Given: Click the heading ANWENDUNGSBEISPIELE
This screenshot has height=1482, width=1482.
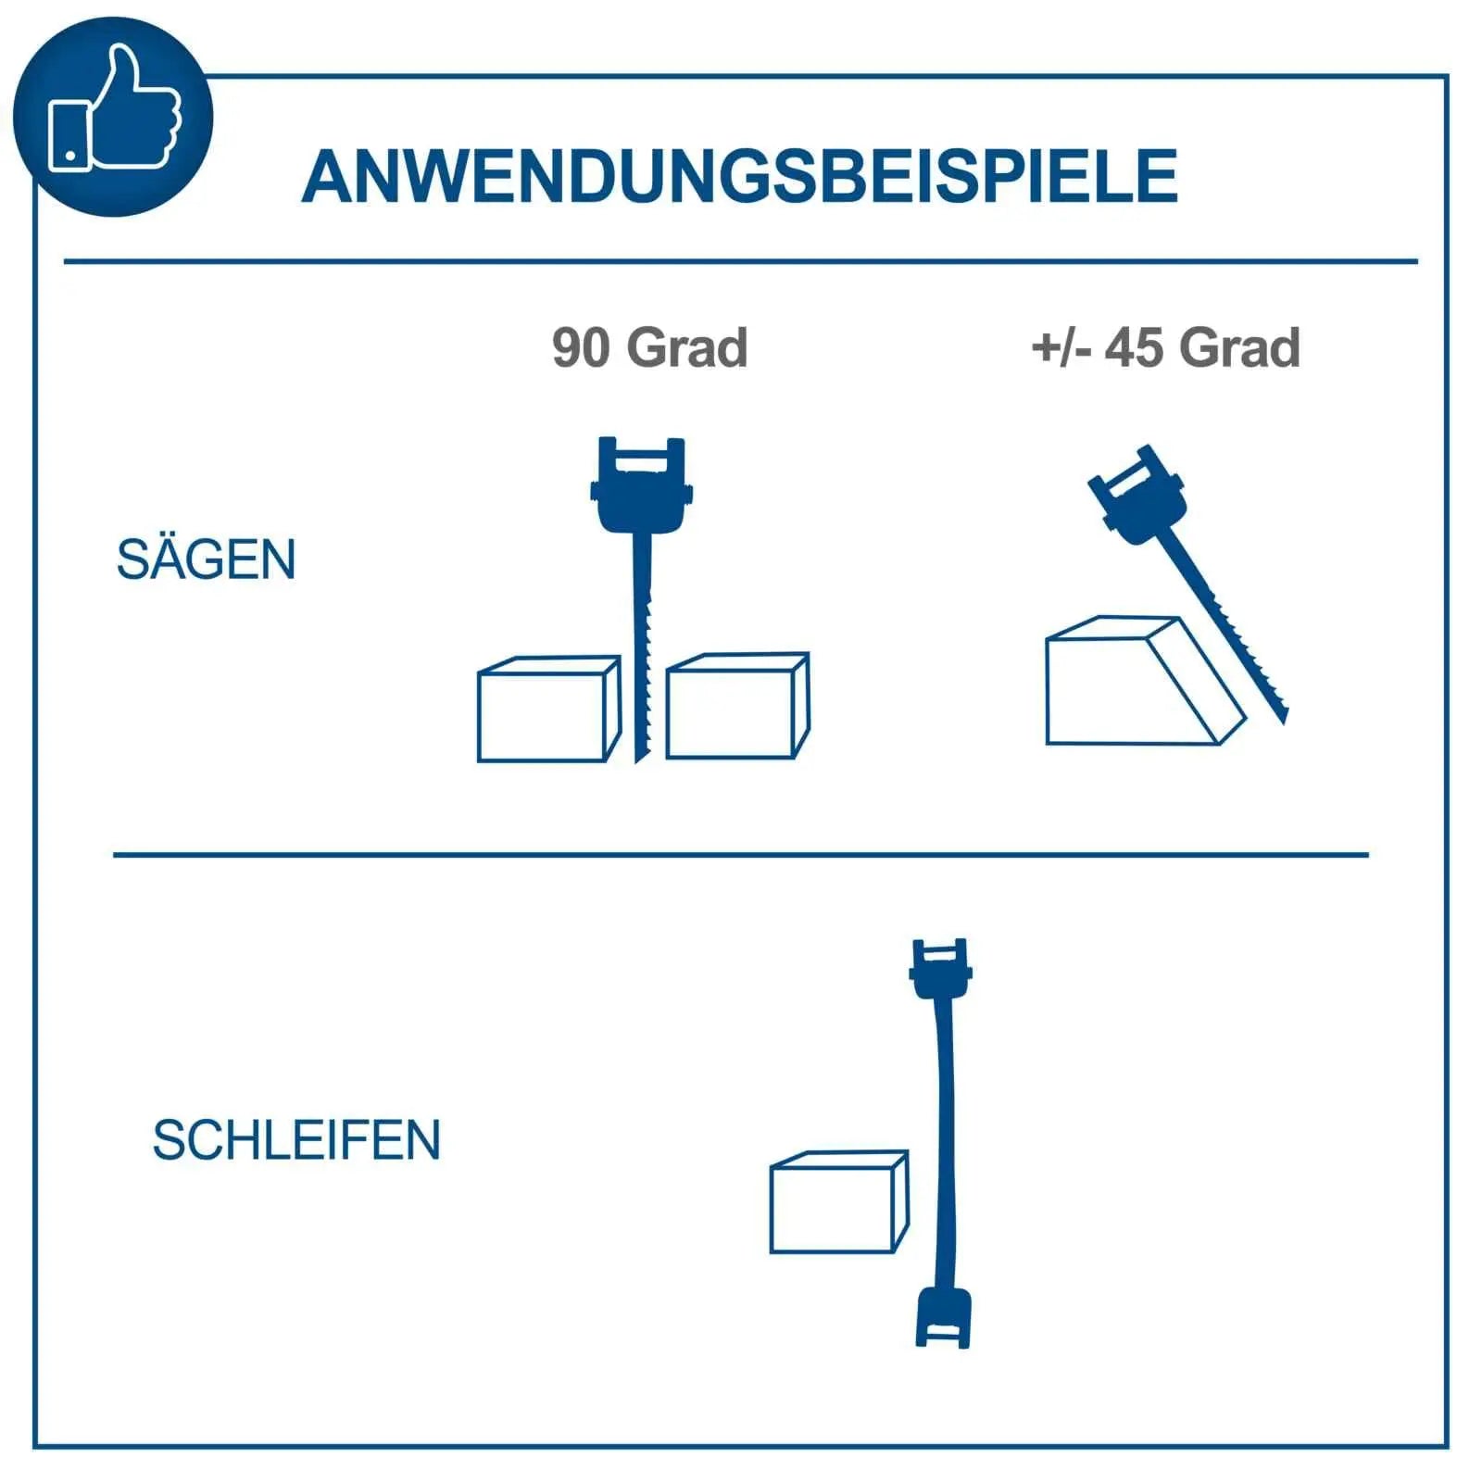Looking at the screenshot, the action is pos(740,176).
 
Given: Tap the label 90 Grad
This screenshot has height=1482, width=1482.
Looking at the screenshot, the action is pos(650,347).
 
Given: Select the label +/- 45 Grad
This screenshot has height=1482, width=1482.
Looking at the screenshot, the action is pos(1166,347).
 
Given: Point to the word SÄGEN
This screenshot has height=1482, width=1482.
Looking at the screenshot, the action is pos(206,559).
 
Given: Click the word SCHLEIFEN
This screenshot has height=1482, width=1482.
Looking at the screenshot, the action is pos(296,1140).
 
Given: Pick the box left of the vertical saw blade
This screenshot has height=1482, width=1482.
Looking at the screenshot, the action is pos(549,709).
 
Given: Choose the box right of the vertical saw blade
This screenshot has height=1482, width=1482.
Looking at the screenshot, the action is pos(738,706).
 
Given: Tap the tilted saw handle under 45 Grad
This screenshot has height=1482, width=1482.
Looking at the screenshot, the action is pos(1138,496).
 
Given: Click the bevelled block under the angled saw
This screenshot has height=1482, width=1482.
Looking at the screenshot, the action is pos(1145,680).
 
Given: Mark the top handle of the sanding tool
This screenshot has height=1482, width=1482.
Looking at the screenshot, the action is pos(941,969).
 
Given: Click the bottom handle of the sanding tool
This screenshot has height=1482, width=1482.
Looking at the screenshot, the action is pos(943,1316).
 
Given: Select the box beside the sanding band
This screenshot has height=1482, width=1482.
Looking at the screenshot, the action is pos(839,1202).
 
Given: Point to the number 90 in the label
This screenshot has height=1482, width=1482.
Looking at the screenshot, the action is pos(581,348).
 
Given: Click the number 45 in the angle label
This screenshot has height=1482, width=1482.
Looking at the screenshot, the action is pos(1135,348).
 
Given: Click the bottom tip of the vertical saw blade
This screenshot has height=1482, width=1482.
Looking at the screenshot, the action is pos(637,761).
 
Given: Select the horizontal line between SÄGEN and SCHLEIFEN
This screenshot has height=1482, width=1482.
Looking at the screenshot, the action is pos(741,854).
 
